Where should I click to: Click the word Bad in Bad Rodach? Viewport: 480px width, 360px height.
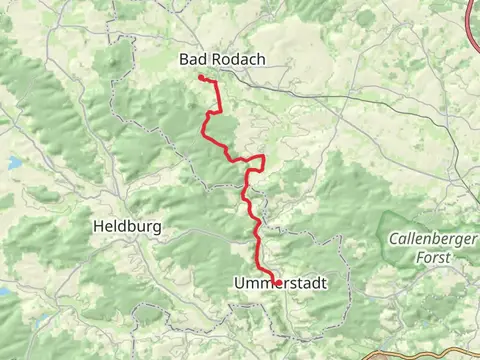click(x=192, y=60)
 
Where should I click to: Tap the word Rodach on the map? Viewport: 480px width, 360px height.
click(x=236, y=60)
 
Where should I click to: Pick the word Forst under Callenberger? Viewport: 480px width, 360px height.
click(x=434, y=257)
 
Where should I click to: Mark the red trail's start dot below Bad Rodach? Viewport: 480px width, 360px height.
click(x=202, y=78)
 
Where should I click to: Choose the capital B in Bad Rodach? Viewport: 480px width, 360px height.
click(x=184, y=60)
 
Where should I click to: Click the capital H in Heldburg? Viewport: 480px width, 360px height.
click(x=97, y=227)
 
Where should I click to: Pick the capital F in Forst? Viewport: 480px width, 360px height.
click(x=420, y=257)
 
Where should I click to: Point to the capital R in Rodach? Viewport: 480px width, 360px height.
click(x=214, y=60)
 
